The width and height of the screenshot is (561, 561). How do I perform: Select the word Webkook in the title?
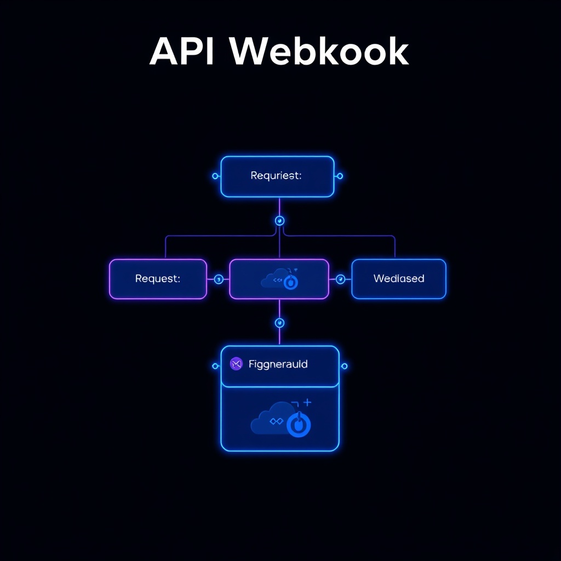319,53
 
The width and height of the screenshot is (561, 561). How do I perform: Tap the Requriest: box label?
276,176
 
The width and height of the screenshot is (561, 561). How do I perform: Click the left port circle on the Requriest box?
215,176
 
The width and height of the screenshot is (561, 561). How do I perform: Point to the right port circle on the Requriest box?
340,176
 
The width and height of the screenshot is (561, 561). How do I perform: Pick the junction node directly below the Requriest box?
279,221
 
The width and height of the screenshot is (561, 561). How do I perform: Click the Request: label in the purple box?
157,279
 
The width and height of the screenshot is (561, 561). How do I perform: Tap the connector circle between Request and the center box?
219,279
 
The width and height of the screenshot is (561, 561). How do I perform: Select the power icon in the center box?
291,282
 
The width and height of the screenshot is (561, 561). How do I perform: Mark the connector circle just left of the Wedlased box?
340,279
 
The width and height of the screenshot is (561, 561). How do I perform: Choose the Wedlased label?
399,279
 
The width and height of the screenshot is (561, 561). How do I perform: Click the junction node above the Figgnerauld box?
279,323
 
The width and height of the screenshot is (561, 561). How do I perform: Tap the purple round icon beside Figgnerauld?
236,364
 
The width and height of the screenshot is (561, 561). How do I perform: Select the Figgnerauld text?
278,364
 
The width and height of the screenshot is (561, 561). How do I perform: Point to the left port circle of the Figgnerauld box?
215,366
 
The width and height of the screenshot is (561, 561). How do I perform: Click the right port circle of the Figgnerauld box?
344,366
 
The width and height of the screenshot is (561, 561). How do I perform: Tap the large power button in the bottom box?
299,425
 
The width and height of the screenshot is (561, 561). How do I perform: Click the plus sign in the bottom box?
307,403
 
